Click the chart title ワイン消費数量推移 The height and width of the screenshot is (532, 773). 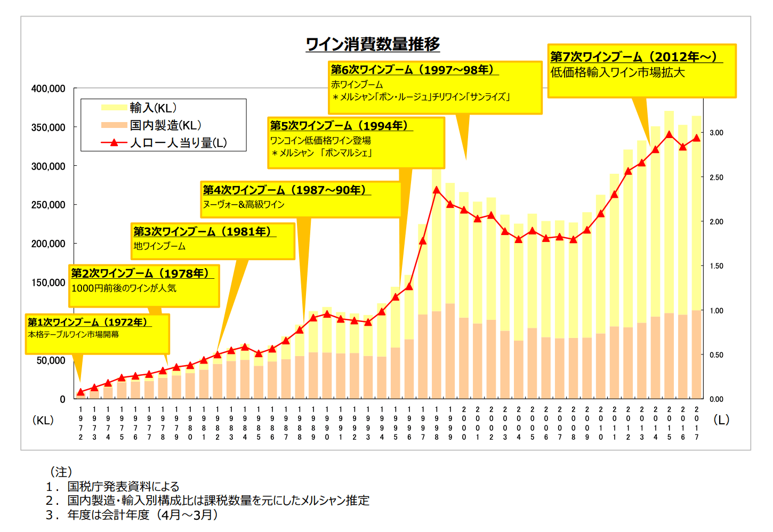(x=373, y=44)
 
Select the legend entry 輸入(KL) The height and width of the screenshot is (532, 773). (x=153, y=108)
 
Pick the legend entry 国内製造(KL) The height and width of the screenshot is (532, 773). (x=165, y=125)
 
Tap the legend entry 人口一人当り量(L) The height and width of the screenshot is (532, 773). (x=178, y=143)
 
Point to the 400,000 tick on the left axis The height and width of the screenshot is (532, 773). (x=49, y=89)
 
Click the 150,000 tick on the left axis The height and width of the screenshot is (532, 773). (x=49, y=283)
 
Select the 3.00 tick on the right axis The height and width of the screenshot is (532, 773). (x=716, y=133)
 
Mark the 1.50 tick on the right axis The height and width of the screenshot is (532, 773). (x=716, y=266)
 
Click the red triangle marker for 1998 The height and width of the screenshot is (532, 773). (x=437, y=190)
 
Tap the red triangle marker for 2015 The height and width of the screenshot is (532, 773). (x=669, y=134)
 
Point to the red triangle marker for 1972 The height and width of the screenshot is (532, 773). (x=80, y=392)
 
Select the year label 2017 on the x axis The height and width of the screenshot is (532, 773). (x=696, y=423)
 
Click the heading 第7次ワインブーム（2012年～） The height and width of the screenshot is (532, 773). (x=634, y=57)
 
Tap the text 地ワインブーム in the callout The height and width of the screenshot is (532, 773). (x=159, y=246)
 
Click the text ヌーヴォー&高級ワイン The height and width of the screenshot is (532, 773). (x=243, y=205)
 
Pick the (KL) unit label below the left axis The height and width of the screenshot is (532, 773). (x=43, y=420)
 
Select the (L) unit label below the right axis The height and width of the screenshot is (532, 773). (x=721, y=420)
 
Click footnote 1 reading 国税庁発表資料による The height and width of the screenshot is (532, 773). (x=123, y=486)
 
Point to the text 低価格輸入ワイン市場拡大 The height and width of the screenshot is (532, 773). (x=617, y=72)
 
